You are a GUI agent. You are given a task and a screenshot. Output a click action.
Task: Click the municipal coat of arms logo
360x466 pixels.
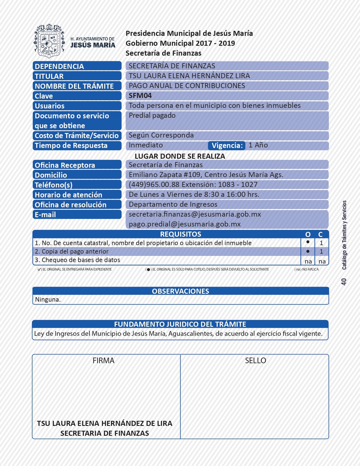[x=49, y=41]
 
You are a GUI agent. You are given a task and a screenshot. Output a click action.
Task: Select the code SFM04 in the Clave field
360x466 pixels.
[x=140, y=96]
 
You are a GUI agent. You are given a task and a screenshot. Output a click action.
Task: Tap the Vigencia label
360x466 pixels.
[x=227, y=145]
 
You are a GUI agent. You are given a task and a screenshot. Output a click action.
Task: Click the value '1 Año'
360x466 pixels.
[x=258, y=145]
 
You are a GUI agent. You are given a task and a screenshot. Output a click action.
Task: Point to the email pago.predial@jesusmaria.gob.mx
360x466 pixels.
[x=185, y=224]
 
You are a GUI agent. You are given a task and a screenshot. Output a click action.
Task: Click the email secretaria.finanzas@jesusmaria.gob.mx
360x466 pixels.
[x=195, y=214]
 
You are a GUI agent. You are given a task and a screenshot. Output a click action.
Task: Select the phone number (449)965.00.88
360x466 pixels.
[x=154, y=185]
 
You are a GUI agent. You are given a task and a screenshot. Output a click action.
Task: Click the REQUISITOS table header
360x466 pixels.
[x=180, y=234]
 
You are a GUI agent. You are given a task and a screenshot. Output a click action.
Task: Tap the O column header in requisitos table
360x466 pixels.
[x=308, y=234]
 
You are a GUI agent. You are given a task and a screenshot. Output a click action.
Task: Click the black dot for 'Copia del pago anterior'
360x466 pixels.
[x=308, y=251]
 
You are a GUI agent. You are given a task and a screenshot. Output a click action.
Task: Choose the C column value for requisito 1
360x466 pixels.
[x=321, y=243]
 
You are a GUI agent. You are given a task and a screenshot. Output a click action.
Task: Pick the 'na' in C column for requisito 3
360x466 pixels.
[x=322, y=262]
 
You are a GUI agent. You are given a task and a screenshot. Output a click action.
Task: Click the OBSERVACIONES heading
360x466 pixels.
[x=180, y=291]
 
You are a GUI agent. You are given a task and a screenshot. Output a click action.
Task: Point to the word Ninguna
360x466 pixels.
[x=48, y=299]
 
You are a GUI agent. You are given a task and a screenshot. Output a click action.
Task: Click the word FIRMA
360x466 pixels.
[x=104, y=361]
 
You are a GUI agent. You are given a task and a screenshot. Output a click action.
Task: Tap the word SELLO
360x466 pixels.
[x=256, y=361]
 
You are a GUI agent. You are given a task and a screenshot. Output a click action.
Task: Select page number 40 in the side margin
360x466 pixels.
[x=344, y=282]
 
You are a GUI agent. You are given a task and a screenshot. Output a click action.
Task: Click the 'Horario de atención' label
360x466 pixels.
[x=68, y=195]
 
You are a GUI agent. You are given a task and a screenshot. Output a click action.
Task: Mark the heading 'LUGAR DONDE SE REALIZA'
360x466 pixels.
[x=180, y=156]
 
